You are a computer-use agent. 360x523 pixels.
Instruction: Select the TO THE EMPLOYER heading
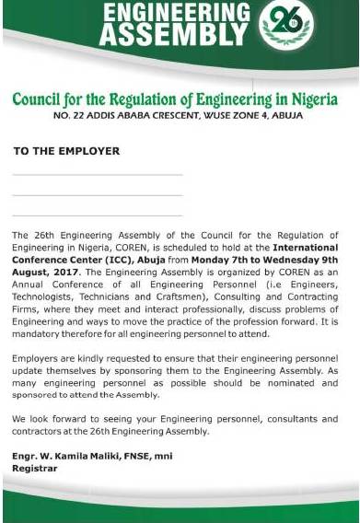(x=66, y=150)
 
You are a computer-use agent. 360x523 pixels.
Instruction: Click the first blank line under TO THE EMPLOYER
(x=97, y=174)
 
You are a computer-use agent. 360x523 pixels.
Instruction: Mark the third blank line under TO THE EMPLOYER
(x=97, y=215)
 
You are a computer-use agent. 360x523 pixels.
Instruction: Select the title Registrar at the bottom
(x=34, y=467)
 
